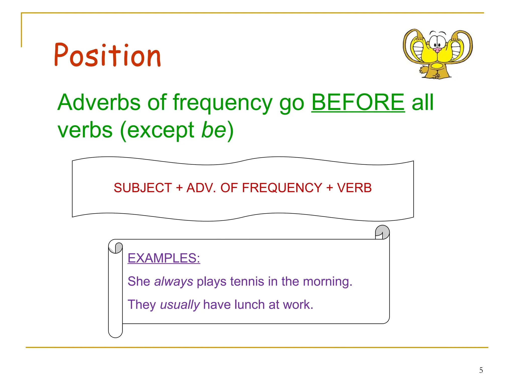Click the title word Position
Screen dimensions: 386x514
point(107,55)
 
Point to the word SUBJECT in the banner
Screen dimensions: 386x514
point(143,188)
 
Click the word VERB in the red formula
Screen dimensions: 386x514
point(354,188)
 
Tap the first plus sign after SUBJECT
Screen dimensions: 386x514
point(179,188)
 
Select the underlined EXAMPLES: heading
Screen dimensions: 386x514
point(164,258)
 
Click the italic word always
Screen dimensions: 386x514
point(173,281)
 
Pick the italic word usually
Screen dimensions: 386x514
point(180,305)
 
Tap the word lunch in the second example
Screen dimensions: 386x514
point(249,305)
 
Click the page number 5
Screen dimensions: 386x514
point(481,370)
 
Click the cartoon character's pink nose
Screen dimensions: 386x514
point(437,50)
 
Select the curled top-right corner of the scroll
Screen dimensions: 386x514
point(382,232)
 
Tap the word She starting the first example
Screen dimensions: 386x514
point(139,281)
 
